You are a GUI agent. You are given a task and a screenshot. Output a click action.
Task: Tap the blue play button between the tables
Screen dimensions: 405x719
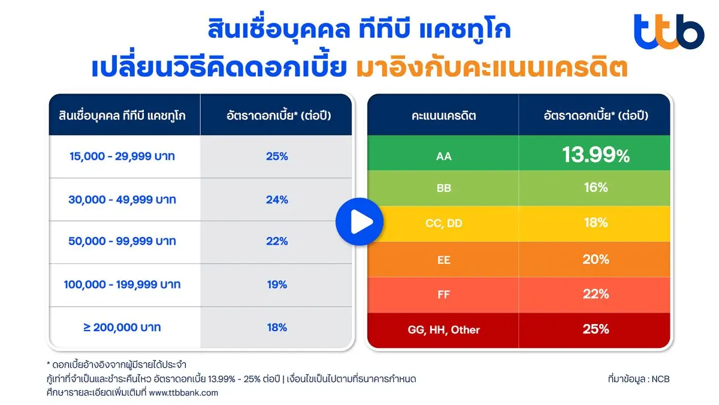click(358, 223)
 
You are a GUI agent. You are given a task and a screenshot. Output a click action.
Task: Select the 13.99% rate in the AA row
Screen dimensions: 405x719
click(595, 155)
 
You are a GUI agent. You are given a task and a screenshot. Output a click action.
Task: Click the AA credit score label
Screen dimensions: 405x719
click(443, 157)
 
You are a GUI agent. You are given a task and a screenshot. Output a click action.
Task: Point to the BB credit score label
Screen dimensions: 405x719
click(443, 188)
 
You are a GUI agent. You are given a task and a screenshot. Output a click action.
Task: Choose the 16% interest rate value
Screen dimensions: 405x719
click(595, 188)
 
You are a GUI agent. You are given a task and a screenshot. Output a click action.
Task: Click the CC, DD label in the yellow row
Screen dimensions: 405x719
click(443, 224)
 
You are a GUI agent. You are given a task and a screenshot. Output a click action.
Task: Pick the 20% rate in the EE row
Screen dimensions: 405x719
click(595, 259)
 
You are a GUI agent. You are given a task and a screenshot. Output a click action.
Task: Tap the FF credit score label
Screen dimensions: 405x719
click(443, 295)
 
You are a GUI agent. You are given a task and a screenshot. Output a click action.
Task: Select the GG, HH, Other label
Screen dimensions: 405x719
click(443, 329)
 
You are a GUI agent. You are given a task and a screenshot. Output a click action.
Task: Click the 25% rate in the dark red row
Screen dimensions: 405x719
click(595, 329)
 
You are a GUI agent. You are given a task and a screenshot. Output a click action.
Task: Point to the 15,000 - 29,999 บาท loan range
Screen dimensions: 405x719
click(122, 156)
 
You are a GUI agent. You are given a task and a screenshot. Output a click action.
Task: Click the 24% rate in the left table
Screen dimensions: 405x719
click(277, 199)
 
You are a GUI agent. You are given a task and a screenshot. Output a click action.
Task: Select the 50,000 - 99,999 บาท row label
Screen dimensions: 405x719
click(122, 241)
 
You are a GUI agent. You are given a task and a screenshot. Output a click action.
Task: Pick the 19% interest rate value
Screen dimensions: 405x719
click(277, 284)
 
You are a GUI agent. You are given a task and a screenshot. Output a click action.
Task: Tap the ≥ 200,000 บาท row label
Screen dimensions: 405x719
click(122, 328)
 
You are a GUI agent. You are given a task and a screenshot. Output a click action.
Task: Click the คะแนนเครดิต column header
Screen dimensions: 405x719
click(443, 116)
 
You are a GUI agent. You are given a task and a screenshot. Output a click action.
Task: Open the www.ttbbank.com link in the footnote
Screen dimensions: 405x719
click(183, 393)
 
